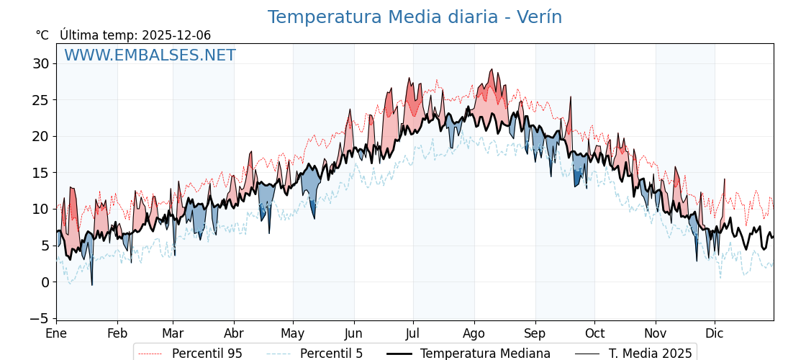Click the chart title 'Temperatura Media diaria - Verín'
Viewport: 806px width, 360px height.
[x=415, y=17]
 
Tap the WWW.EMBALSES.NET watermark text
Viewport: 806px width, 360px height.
[x=150, y=55]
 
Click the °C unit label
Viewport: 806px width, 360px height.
[x=42, y=35]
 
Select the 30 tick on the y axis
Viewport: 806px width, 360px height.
[x=40, y=63]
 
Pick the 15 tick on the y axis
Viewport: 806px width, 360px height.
[x=40, y=173]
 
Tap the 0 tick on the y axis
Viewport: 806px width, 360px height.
[x=45, y=282]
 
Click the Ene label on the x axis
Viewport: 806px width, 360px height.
[x=56, y=334]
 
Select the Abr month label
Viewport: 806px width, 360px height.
[x=234, y=334]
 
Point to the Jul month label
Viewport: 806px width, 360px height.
[x=413, y=334]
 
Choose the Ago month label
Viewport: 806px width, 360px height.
[x=474, y=334]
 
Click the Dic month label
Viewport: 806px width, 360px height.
[x=715, y=334]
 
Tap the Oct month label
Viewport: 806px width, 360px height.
[x=594, y=334]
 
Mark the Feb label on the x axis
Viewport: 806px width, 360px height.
[x=117, y=334]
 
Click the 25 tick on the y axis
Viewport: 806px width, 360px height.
[x=40, y=100]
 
